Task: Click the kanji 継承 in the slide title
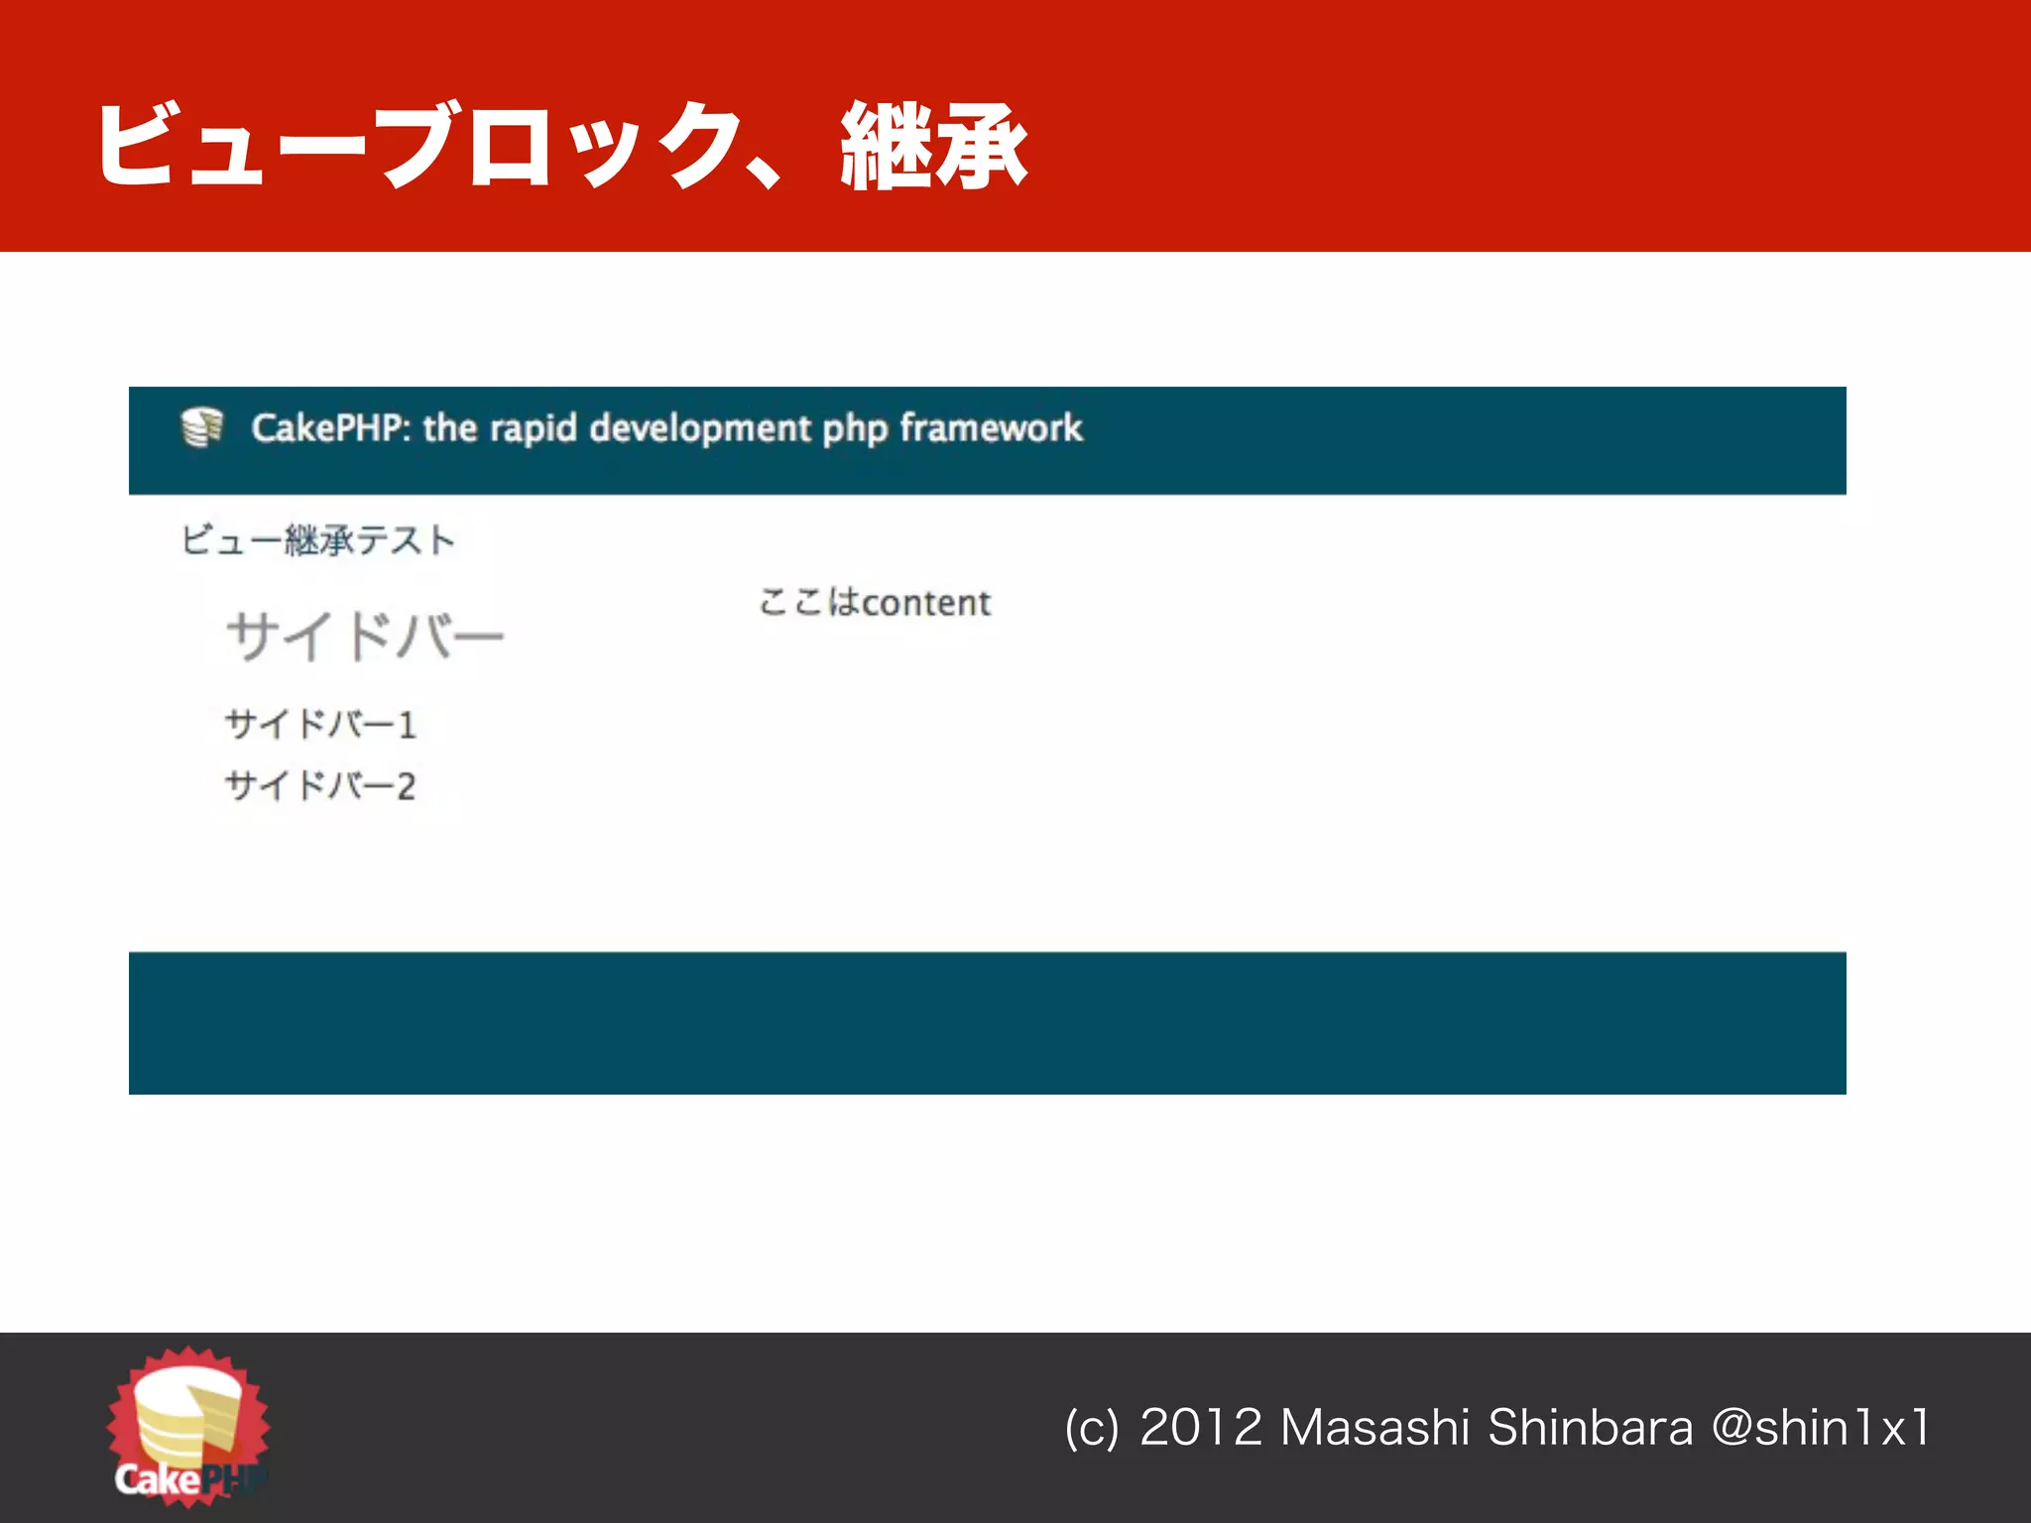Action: (x=933, y=147)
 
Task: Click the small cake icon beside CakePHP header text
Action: (x=202, y=427)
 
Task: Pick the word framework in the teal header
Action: (x=991, y=428)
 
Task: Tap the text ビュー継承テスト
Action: (x=317, y=540)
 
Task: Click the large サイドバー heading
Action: (x=365, y=636)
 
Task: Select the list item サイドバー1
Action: (x=320, y=724)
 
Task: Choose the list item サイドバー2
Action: (x=320, y=786)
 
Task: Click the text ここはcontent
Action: (x=875, y=603)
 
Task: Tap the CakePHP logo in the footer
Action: (x=188, y=1428)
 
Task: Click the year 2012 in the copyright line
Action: (x=1201, y=1429)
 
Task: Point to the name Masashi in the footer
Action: (x=1374, y=1429)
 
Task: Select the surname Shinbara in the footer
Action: (x=1591, y=1429)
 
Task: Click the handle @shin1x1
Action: (x=1821, y=1429)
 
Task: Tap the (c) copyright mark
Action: (x=1091, y=1429)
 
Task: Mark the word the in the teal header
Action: (x=450, y=428)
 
